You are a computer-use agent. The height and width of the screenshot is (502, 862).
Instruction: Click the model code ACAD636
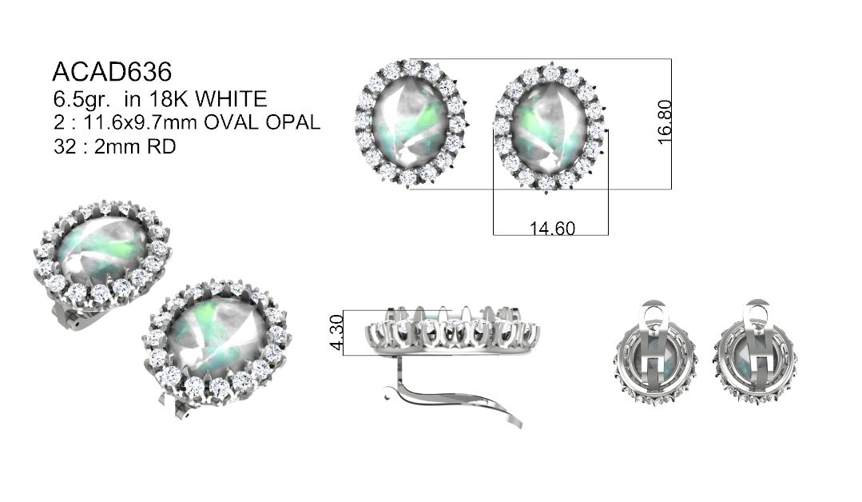(x=112, y=71)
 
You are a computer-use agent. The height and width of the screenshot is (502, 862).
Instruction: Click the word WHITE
(x=232, y=99)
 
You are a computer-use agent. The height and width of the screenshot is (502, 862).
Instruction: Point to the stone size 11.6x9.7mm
(x=140, y=122)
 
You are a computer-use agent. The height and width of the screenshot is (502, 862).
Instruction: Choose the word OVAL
(x=232, y=122)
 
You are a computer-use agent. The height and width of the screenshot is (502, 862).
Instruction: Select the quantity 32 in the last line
(x=65, y=147)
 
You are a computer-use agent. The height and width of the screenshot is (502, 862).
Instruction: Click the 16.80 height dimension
(x=665, y=122)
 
